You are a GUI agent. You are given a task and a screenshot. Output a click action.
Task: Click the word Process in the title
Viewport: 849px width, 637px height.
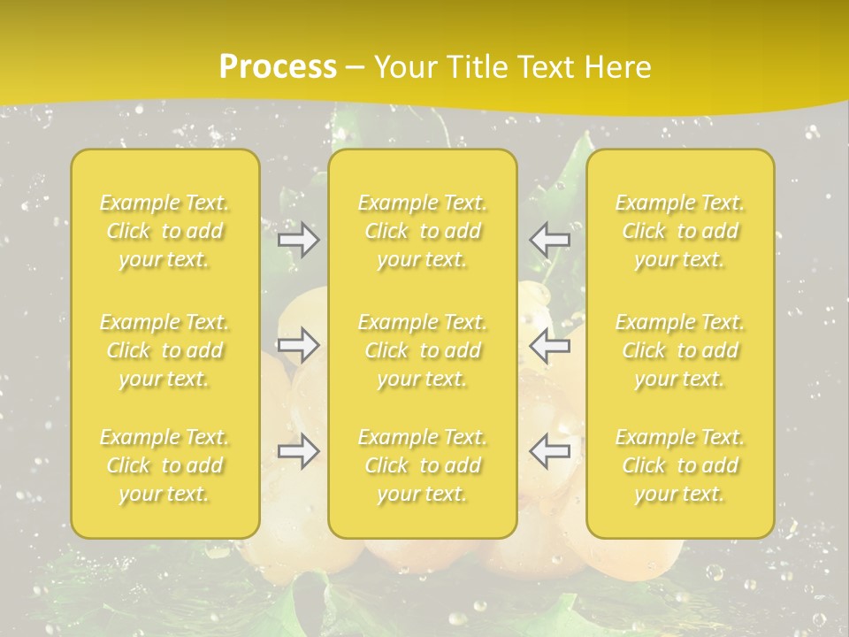click(x=278, y=66)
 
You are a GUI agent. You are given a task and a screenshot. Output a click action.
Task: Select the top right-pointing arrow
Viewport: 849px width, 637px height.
click(x=298, y=240)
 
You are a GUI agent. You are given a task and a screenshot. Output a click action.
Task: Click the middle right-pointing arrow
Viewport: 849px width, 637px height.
click(x=298, y=345)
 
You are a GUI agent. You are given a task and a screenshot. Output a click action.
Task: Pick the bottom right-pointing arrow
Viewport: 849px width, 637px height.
click(x=298, y=451)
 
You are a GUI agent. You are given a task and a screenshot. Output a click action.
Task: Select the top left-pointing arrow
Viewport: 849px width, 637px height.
click(x=550, y=240)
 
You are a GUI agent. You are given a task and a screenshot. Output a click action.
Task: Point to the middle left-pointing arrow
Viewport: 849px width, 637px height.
click(x=550, y=345)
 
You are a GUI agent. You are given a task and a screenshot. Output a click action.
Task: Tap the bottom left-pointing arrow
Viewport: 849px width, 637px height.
click(x=550, y=451)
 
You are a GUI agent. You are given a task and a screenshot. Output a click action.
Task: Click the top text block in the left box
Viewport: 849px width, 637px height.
click(x=164, y=231)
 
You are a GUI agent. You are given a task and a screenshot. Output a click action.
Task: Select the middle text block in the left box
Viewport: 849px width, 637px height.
click(x=164, y=350)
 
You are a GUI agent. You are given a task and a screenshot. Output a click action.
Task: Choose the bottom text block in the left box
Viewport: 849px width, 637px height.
click(x=164, y=465)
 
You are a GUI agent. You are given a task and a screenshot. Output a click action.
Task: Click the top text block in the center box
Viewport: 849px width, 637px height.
click(x=423, y=231)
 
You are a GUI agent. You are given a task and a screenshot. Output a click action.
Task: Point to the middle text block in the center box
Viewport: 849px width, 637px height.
click(x=423, y=350)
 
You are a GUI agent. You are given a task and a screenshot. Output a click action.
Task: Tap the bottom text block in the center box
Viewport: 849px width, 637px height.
click(x=423, y=465)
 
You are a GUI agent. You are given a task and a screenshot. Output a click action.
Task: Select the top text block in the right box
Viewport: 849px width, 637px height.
click(x=680, y=231)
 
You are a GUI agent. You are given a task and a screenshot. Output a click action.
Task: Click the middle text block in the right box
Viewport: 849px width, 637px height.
click(x=680, y=350)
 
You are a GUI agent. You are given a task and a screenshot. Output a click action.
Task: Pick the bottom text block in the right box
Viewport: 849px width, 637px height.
click(x=680, y=465)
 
